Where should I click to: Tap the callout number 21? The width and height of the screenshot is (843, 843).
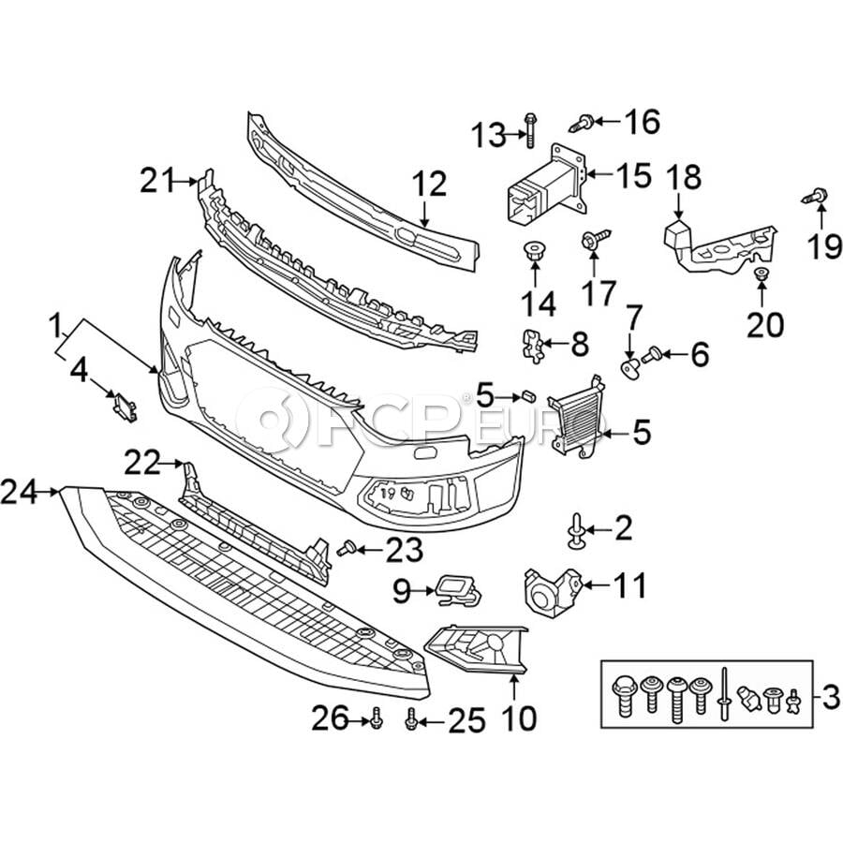click(x=159, y=179)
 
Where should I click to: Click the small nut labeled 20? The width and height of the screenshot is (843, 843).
click(x=761, y=274)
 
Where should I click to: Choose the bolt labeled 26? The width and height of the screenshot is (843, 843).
click(x=376, y=718)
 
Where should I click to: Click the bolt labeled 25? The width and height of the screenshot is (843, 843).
click(x=410, y=720)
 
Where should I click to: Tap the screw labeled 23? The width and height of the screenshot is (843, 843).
click(x=346, y=547)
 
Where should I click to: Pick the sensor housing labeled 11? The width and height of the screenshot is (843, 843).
click(x=550, y=592)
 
